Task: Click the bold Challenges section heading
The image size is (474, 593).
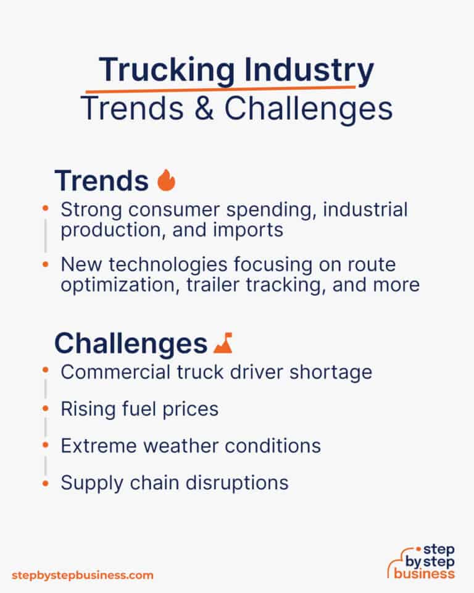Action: [130, 343]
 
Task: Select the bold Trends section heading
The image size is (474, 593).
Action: [101, 180]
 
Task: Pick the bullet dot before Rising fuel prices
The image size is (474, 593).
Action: [45, 408]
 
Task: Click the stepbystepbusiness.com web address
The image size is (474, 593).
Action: [82, 575]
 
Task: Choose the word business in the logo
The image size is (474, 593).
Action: [425, 573]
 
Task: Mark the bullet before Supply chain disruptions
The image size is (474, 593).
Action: [45, 481]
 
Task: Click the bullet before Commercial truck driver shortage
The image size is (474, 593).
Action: [45, 371]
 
